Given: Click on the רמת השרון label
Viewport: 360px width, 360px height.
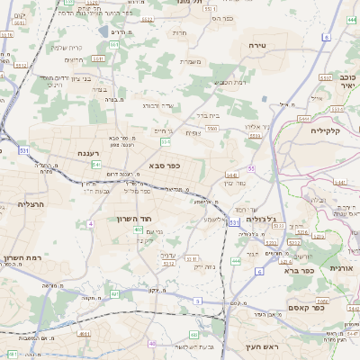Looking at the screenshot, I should coord(24,256).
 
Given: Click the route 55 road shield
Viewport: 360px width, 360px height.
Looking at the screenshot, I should coord(252,168).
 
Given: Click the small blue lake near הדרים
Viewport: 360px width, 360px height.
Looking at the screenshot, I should coord(114,43).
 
